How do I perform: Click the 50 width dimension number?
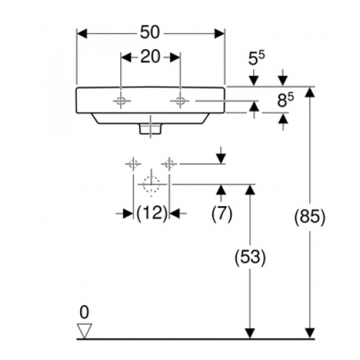[150, 32]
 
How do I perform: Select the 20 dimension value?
[150, 57]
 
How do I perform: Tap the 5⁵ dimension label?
[256, 58]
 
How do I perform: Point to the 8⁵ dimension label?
[285, 100]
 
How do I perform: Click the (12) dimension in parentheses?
[152, 213]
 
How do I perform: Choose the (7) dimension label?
[221, 213]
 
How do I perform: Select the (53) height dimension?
[250, 257]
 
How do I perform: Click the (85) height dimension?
[310, 217]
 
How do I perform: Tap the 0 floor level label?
[84, 312]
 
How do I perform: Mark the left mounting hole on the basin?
[121, 101]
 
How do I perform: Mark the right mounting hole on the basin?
[180, 101]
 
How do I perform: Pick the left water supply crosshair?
[133, 164]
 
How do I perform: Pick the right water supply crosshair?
[169, 164]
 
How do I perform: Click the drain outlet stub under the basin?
[150, 129]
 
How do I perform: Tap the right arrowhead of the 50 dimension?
[219, 34]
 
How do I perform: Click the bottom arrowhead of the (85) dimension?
[310, 333]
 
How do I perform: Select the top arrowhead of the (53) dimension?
[250, 190]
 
